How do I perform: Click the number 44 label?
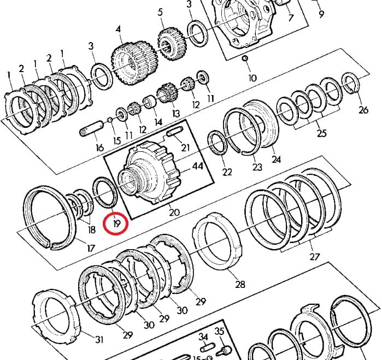[x=197, y=167]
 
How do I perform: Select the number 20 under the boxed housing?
[x=174, y=213]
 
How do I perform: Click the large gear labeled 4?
[x=134, y=63]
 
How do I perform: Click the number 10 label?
[x=252, y=78]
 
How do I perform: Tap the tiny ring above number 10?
[x=245, y=58]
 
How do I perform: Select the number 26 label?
[x=363, y=110]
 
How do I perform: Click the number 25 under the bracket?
[x=321, y=133]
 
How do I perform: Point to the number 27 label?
[x=314, y=257]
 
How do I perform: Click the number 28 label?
[x=240, y=284]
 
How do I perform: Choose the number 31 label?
[x=99, y=339]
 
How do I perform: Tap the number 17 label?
[x=91, y=249]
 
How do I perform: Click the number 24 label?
[x=276, y=160]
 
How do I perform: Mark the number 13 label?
[x=176, y=113]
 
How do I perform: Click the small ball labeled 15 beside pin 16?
[x=110, y=119]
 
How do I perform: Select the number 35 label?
[x=220, y=332]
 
